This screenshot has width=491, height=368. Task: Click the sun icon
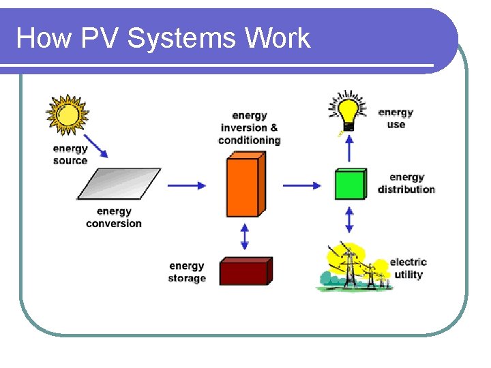(67, 115)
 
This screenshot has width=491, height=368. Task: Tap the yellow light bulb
(348, 111)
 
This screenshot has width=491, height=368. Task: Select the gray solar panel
(120, 184)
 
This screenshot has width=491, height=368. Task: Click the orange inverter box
(244, 185)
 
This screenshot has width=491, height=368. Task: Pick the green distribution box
(350, 184)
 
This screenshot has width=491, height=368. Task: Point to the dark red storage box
(245, 271)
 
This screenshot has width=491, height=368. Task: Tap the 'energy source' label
(70, 155)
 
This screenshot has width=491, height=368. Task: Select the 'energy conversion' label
(114, 217)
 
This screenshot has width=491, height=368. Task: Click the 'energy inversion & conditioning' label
(249, 128)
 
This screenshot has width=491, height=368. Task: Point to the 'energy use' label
(396, 118)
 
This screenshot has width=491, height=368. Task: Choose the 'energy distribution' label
(406, 183)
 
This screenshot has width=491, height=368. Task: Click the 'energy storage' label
(187, 271)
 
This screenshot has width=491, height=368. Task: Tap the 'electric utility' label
(408, 268)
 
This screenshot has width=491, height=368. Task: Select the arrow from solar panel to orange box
(186, 185)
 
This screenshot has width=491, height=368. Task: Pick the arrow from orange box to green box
(301, 185)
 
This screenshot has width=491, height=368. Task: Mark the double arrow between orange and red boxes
(245, 236)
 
